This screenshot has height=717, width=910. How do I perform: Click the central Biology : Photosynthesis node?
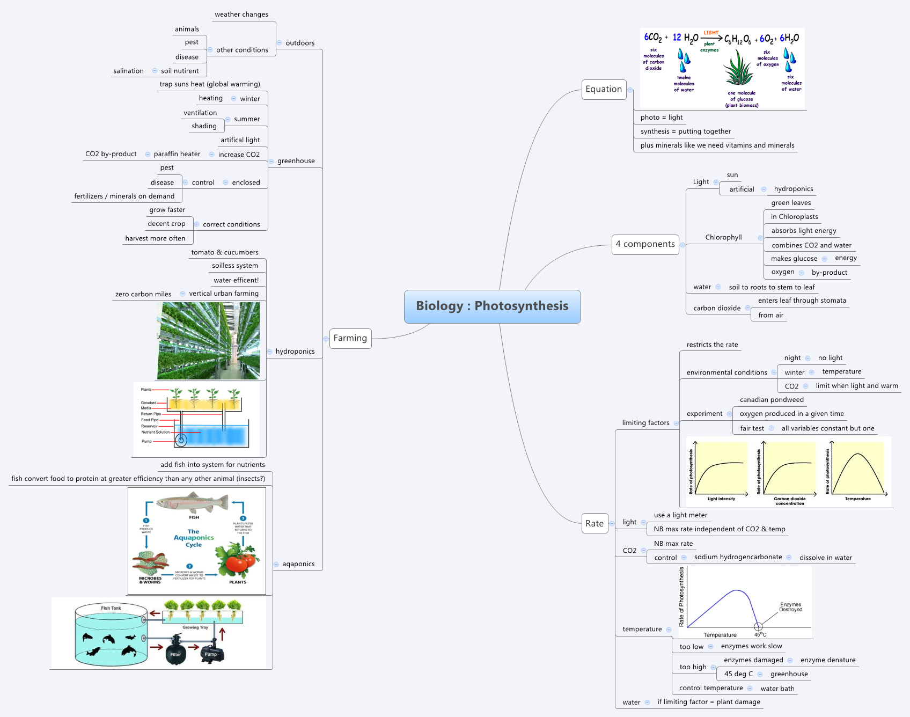click(492, 306)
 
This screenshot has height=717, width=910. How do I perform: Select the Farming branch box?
click(350, 338)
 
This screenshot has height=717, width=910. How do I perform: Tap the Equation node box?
click(604, 89)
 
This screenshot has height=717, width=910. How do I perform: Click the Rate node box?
click(594, 523)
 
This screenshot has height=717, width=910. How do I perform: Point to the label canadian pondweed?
click(772, 400)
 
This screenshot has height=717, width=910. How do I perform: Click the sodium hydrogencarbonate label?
click(738, 557)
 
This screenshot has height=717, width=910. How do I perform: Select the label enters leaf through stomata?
click(802, 301)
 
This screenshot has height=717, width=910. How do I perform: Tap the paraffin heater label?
click(177, 154)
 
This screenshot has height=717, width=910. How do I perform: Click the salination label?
click(128, 71)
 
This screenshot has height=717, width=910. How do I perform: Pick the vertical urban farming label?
click(224, 294)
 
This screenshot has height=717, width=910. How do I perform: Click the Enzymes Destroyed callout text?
click(790, 607)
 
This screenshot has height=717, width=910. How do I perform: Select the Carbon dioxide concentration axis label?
click(789, 501)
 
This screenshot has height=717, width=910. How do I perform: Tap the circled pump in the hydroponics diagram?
click(181, 441)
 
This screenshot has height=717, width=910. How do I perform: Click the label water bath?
click(777, 689)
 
